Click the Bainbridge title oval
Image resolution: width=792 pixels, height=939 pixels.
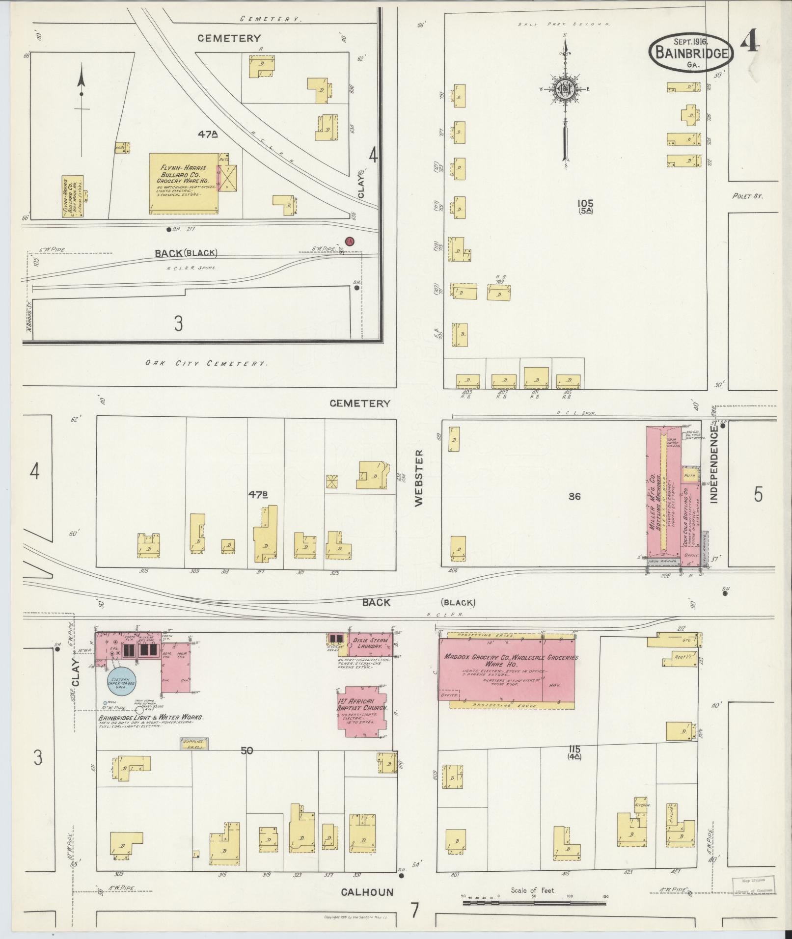click(x=691, y=53)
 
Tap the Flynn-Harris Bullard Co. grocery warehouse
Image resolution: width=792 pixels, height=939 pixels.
click(x=184, y=183)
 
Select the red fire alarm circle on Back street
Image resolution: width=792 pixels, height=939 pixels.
click(x=350, y=241)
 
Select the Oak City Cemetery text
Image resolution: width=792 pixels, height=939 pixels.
click(x=206, y=364)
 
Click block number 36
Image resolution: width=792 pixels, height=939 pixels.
click(x=574, y=496)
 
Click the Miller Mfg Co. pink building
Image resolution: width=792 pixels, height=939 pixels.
click(x=663, y=496)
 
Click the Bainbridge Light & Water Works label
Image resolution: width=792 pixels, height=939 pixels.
click(x=151, y=717)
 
